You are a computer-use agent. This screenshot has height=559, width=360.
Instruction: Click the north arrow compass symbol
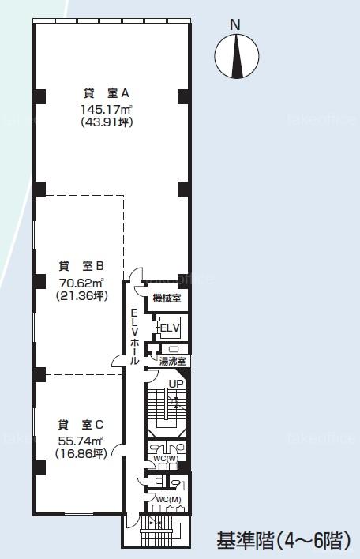pos(237,56)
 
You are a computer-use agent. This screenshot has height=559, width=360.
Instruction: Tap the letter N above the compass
pos(235,25)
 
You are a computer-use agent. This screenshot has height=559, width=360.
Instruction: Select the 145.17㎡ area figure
pos(107,108)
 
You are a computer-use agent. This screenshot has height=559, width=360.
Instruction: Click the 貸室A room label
pos(107,93)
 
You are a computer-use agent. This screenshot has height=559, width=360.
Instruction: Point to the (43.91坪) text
pos(107,122)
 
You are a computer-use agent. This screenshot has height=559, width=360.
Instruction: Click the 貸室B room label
pos(81,266)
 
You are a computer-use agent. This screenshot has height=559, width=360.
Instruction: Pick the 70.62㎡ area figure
pos(81,283)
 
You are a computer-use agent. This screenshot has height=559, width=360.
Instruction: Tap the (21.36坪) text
pos(81,296)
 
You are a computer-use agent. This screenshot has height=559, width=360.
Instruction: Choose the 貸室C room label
pos(81,425)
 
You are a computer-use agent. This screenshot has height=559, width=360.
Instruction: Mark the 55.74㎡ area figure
pos(81,441)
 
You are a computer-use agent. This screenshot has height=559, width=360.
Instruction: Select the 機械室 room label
pos(167,298)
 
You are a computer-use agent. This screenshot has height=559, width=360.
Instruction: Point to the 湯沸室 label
pos(173,362)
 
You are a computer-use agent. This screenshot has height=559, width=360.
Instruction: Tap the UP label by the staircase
pos(176,384)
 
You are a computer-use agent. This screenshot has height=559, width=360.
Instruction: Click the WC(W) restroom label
pos(167,458)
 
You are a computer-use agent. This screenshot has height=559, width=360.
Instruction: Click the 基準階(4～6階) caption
pos(283,540)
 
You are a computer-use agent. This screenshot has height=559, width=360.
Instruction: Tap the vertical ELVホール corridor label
pos(134,336)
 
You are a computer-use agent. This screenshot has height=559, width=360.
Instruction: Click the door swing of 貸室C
pos(118,450)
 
